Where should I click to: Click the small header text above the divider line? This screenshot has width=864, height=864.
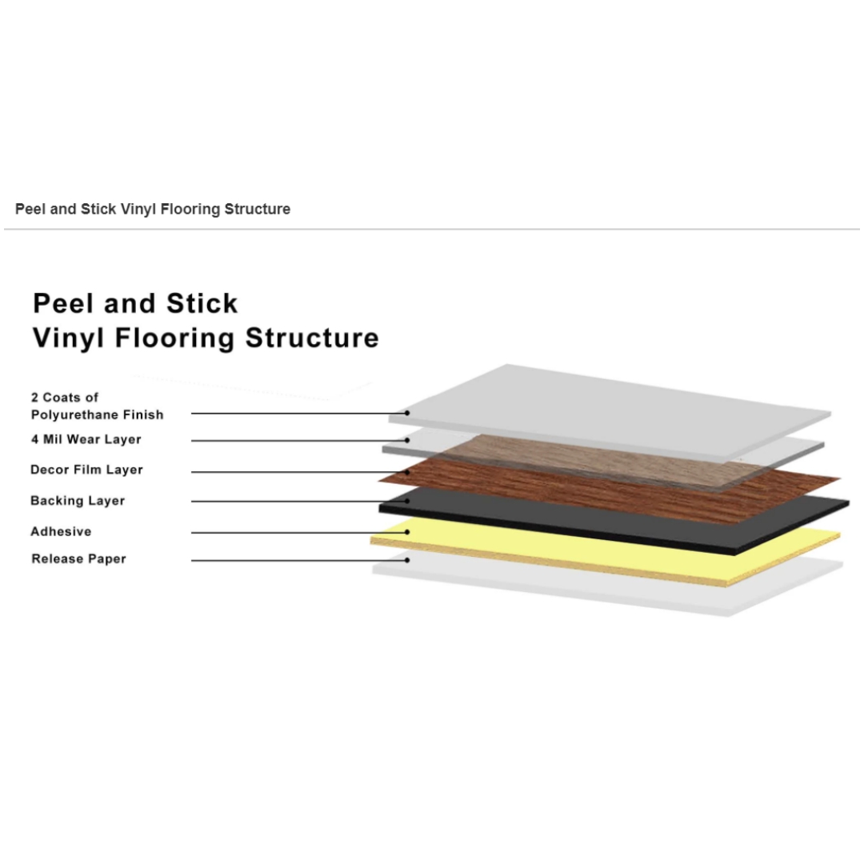153,209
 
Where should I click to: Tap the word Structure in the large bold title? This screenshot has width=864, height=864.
313,338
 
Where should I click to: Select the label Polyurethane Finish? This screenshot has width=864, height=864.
98,414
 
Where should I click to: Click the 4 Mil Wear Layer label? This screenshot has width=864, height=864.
86,439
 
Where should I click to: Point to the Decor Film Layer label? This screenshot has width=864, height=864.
86,470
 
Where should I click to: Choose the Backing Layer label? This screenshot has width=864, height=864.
78,500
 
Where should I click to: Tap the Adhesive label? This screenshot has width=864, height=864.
61,531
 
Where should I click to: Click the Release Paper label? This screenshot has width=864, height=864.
78,558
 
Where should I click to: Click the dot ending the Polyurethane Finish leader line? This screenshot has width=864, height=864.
407,413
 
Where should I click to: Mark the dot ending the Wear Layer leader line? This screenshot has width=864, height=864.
407,440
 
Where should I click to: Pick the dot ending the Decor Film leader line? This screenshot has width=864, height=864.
407,472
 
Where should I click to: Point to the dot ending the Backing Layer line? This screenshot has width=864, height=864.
407,501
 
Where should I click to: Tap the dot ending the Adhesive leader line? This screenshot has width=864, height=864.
407,532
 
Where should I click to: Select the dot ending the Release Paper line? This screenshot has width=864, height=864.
407,560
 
